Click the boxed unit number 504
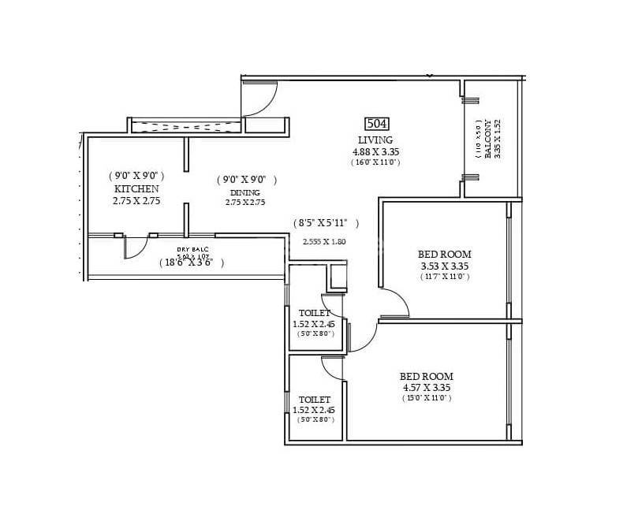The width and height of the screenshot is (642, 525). coord(377,124)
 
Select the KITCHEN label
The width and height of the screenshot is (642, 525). coord(136,189)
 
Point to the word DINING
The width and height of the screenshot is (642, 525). coord(246,192)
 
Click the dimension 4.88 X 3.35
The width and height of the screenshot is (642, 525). coord(376,151)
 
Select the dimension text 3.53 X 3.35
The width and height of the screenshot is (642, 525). coord(445,266)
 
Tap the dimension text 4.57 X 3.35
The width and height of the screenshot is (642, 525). coord(426,388)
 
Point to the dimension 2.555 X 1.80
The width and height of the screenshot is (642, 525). coord(324,241)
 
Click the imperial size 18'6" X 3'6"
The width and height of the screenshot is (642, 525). coord(191,262)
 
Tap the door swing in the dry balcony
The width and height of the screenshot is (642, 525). coord(135,248)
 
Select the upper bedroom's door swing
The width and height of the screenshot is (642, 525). coord(394,303)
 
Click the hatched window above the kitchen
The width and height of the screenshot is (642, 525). coord(185,125)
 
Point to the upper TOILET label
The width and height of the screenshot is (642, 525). coord(315,313)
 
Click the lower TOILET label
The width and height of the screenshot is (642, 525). coord(315,400)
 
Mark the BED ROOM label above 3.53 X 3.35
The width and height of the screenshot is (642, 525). coord(445,254)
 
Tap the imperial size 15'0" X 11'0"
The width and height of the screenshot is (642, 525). coord(426,399)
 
